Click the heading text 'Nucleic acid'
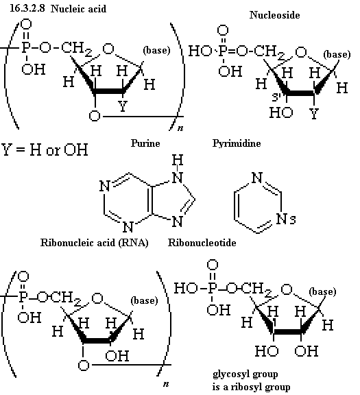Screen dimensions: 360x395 78,9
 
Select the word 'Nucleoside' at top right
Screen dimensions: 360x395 274,15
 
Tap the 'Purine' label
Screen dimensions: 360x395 145,143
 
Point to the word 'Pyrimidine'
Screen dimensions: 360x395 237,143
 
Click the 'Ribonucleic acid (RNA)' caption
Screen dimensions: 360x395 94,243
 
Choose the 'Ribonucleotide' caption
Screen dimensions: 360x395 202,243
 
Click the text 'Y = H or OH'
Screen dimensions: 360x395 45,149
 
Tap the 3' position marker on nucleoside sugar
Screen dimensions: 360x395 277,97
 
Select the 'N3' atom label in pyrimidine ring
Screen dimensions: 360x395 286,219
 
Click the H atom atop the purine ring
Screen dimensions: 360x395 178,160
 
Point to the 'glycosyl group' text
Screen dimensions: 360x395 245,374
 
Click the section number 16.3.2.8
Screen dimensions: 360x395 27,8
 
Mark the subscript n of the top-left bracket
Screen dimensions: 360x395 180,128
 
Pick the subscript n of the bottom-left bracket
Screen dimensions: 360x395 166,384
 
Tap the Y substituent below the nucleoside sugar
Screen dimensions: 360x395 314,114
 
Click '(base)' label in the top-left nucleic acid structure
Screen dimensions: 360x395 156,50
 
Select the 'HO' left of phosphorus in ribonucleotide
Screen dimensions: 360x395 185,288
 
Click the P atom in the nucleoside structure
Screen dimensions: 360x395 223,51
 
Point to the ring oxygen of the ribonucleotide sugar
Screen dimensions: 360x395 287,289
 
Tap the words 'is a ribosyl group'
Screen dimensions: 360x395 251,387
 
